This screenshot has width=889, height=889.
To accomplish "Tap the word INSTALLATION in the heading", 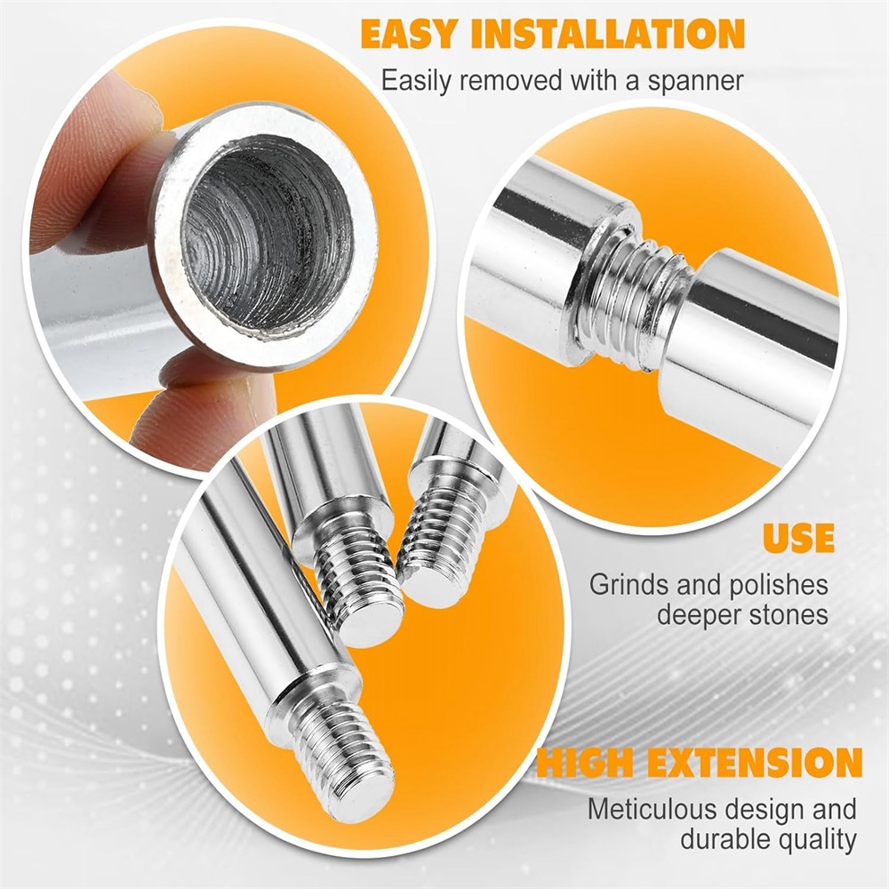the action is (x=608, y=35).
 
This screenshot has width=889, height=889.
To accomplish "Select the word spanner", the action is (x=695, y=82).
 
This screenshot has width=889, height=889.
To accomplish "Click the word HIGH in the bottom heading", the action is (x=585, y=763).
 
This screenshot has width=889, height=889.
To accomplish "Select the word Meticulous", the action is (x=651, y=809).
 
